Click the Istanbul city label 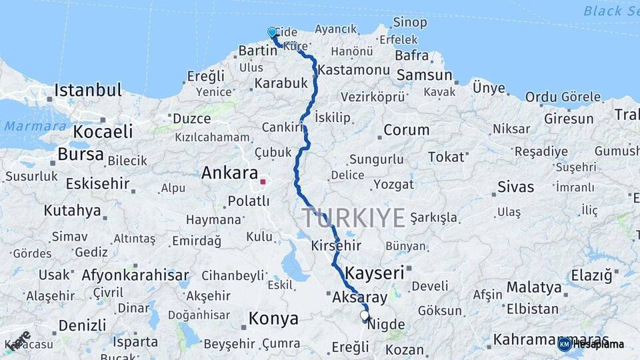[88, 90]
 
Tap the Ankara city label [229, 173]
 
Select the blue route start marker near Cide [272, 33]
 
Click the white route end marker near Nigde [364, 315]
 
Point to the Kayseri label [375, 273]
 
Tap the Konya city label [273, 319]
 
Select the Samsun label [424, 75]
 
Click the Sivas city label [515, 187]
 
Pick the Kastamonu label [353, 70]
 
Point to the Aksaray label [359, 297]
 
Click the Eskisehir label [97, 183]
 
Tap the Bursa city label [80, 155]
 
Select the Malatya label [534, 288]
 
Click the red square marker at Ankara [263, 181]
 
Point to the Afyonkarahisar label [135, 275]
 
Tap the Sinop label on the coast [410, 23]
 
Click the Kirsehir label [336, 246]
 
